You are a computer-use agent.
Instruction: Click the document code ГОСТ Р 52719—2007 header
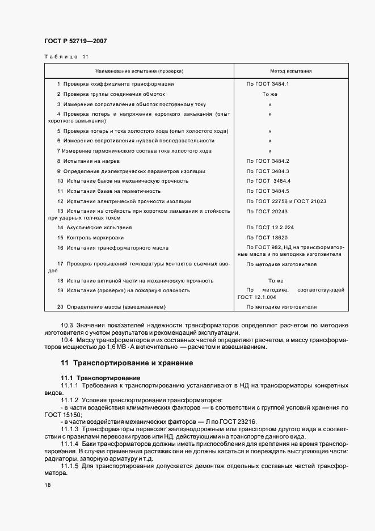75,41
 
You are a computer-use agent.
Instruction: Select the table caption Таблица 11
66,57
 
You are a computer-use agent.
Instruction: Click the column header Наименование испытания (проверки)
139,71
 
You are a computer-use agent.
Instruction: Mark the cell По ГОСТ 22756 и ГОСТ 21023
286,201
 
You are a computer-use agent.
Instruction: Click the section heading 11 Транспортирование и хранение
127,363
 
